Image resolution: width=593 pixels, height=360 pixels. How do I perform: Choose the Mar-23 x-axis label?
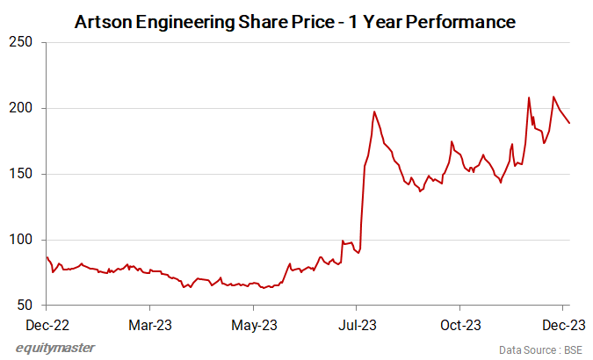click(x=150, y=324)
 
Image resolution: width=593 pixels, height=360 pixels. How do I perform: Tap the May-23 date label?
click(x=254, y=324)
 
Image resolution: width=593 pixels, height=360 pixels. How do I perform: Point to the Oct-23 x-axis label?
click(x=460, y=324)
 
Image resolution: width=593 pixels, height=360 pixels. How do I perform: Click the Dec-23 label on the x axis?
click(x=563, y=324)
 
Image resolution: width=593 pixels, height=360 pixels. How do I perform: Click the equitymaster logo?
click(x=56, y=348)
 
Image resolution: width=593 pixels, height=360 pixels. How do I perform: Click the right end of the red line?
click(x=569, y=123)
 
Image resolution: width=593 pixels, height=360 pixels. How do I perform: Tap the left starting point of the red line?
click(x=47, y=256)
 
